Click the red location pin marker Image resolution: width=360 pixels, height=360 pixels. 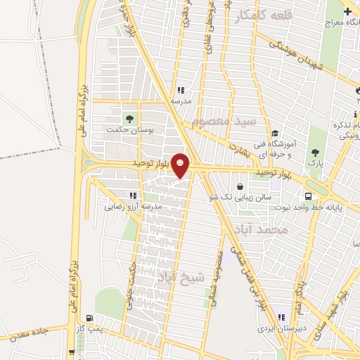click(181, 165)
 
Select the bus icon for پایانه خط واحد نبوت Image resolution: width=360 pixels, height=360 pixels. click(308, 195)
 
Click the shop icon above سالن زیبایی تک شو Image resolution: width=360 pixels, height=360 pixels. click(241, 187)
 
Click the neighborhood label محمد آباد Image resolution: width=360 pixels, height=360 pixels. click(263, 230)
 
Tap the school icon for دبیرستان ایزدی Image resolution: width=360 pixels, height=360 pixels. click(282, 317)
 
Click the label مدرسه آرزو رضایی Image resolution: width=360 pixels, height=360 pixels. click(134, 207)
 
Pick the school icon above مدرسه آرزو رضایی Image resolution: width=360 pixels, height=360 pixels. click(132, 195)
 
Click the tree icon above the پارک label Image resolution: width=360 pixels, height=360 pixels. click(315, 153)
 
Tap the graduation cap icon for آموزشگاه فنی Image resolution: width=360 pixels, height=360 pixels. click(276, 132)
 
